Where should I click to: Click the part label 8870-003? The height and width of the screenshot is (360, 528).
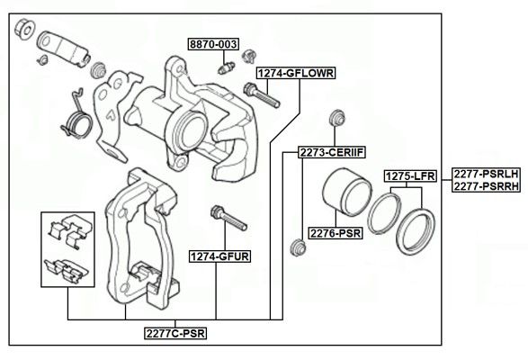tap(213, 44)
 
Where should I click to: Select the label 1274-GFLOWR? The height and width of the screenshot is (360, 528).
tap(296, 73)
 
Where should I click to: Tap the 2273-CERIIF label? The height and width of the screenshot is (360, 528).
tap(332, 152)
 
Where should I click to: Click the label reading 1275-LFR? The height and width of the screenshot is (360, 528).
tap(410, 175)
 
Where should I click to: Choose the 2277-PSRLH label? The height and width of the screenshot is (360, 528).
tap(486, 174)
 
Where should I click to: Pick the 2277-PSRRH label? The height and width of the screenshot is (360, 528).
tap(486, 185)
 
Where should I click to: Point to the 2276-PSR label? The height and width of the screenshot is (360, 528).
tap(336, 233)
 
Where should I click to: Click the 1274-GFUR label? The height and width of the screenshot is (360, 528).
tap(219, 256)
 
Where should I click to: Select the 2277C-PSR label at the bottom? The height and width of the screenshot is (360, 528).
tap(175, 333)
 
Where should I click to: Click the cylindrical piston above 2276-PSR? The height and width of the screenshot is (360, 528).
tap(346, 192)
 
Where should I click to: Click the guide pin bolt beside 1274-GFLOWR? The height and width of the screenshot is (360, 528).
tap(262, 94)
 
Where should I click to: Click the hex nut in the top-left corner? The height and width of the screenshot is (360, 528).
tap(24, 29)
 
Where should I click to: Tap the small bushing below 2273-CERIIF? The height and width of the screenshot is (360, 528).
tap(298, 247)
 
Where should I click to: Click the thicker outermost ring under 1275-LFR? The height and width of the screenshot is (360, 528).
tap(416, 231)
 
